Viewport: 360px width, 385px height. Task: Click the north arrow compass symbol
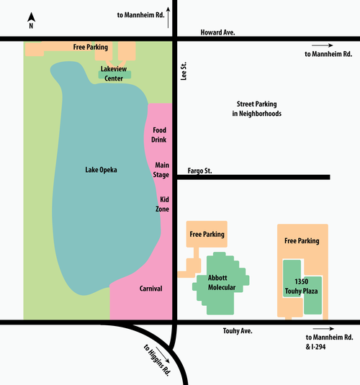(31, 20)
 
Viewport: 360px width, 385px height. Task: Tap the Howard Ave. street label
(217, 32)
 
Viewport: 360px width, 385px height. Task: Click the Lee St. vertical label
(184, 71)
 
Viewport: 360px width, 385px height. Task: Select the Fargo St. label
(199, 171)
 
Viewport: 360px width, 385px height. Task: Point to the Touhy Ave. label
(238, 331)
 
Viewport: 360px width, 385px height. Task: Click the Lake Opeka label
(101, 170)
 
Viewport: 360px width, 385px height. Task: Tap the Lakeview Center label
(114, 73)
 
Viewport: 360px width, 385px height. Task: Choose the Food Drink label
(159, 135)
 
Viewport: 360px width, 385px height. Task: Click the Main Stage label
(161, 170)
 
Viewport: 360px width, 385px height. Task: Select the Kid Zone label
(162, 204)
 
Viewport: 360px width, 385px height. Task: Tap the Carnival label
(151, 289)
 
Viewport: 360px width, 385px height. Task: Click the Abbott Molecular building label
(222, 282)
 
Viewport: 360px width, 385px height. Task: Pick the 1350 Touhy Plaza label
(301, 286)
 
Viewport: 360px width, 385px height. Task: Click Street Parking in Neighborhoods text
(257, 109)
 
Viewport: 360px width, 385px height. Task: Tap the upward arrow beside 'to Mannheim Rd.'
(168, 17)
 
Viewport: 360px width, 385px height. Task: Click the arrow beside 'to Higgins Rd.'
(163, 355)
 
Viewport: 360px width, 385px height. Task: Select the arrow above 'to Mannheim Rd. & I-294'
(323, 329)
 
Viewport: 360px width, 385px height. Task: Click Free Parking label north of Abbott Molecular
(207, 235)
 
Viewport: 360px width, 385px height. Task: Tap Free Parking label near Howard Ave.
(91, 47)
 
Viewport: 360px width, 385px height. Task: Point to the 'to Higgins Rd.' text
(157, 361)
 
